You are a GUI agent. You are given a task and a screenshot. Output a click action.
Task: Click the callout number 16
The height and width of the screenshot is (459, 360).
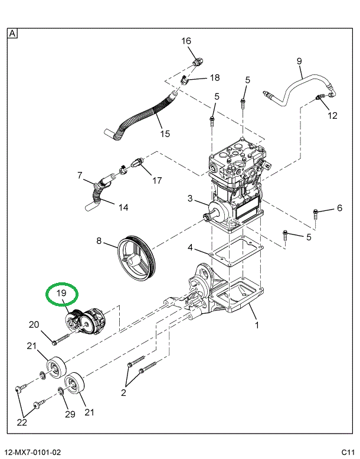[186, 41]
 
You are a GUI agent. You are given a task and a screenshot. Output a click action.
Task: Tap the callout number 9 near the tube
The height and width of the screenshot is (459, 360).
[299, 61]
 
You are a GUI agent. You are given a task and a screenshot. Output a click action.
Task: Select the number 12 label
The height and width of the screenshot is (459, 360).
[332, 115]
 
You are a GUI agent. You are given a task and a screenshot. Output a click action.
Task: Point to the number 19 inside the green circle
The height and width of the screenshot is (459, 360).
[62, 293]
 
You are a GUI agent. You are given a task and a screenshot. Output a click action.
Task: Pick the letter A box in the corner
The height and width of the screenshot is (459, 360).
[12, 34]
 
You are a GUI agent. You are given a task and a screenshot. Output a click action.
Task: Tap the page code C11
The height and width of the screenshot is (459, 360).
[346, 453]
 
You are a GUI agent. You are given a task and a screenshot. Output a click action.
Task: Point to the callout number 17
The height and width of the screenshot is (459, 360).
[157, 180]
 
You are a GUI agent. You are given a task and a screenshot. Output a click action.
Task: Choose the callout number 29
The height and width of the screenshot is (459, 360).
[70, 414]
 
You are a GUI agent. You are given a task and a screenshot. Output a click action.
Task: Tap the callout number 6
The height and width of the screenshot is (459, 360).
[339, 207]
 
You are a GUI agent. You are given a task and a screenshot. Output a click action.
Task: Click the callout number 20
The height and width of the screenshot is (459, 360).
[34, 324]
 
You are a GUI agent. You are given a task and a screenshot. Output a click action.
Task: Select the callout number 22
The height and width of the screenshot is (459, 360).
[22, 422]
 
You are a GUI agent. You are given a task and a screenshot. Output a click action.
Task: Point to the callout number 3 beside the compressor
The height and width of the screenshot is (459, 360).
[189, 197]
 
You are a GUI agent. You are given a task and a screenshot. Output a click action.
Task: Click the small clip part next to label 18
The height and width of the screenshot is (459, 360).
[185, 80]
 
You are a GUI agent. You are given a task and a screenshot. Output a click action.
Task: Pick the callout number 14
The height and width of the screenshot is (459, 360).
[123, 207]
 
